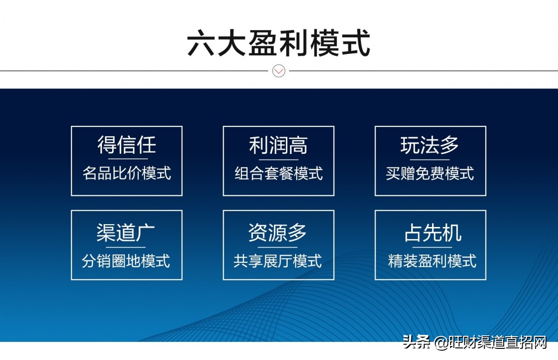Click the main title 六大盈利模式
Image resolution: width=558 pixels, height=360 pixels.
279,43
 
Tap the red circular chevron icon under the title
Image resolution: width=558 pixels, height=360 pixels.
279,71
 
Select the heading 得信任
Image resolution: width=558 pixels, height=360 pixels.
126,145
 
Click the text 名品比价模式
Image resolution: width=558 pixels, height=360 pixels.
126,173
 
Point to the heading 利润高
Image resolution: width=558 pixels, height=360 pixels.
279,145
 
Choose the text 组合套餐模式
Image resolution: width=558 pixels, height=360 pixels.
279,173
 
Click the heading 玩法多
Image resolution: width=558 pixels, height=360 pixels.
430,145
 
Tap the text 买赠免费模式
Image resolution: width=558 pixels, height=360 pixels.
430,173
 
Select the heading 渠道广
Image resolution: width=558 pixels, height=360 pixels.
126,233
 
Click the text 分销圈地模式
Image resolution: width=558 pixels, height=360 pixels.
126,260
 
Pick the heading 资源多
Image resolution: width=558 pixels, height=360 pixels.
278,233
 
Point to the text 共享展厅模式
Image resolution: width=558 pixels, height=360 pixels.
278,260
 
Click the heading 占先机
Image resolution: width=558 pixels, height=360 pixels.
432,233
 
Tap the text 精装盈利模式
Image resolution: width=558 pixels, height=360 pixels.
432,260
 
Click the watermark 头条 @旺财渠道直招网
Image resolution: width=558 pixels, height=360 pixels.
474,343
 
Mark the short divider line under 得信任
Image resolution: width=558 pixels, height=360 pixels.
126,159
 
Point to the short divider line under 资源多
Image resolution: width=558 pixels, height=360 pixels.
279,247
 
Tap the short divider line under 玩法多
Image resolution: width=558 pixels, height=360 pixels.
431,159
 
